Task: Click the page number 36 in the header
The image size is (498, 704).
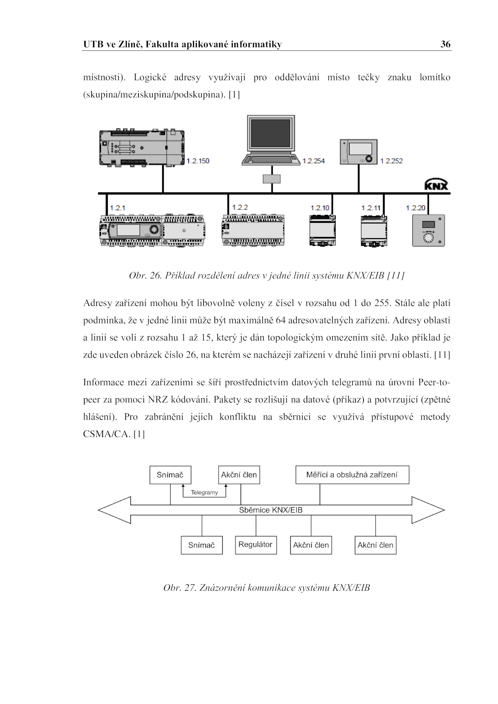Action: click(x=445, y=44)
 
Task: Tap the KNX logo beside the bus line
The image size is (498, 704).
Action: click(x=436, y=184)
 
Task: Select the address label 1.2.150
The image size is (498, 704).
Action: click(x=198, y=161)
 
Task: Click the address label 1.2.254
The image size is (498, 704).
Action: click(x=313, y=161)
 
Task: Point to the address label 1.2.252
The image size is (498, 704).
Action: click(x=392, y=161)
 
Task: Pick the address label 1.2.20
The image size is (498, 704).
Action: click(x=416, y=208)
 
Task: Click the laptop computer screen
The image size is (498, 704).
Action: click(x=271, y=133)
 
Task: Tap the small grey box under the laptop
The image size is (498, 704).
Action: click(x=271, y=179)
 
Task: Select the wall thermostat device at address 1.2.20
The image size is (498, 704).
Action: click(x=429, y=231)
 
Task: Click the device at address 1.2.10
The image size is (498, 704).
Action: click(x=323, y=231)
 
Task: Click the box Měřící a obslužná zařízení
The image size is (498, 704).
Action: click(x=352, y=475)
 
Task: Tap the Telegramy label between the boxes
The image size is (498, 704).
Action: click(x=204, y=493)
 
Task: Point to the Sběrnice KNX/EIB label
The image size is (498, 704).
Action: click(x=271, y=510)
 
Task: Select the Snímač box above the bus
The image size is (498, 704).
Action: click(x=170, y=475)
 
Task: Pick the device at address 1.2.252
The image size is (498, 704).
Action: click(x=359, y=152)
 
